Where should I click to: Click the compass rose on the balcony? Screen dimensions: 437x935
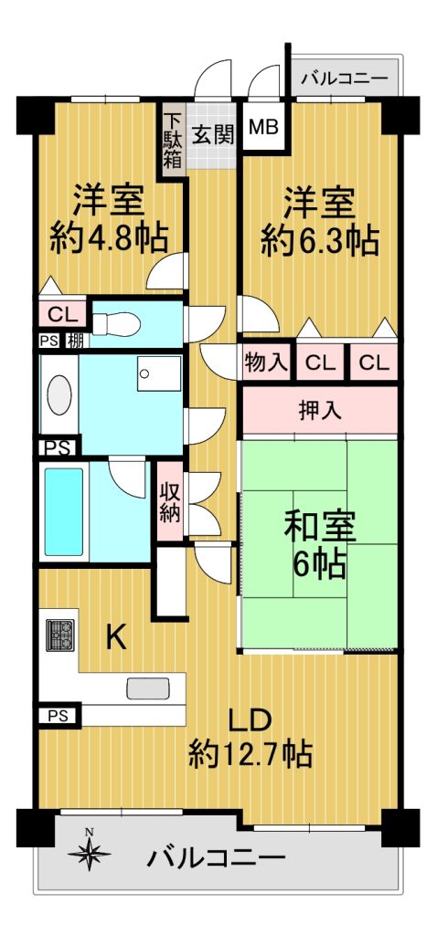pyautogui.click(x=90, y=852)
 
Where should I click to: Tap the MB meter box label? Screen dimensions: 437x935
pyautogui.click(x=263, y=128)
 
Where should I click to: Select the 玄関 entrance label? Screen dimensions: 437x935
pyautogui.click(x=212, y=137)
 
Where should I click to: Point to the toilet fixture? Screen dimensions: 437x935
pyautogui.click(x=116, y=324)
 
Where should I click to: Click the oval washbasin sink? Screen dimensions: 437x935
pyautogui.click(x=59, y=394)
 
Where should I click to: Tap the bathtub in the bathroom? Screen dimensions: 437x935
pyautogui.click(x=64, y=511)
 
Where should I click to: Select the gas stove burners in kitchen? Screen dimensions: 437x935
pyautogui.click(x=59, y=636)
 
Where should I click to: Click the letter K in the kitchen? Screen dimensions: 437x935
pyautogui.click(x=116, y=638)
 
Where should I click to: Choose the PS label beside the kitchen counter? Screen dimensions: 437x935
pyautogui.click(x=59, y=715)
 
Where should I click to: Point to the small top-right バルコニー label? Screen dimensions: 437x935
pyautogui.click(x=345, y=79)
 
